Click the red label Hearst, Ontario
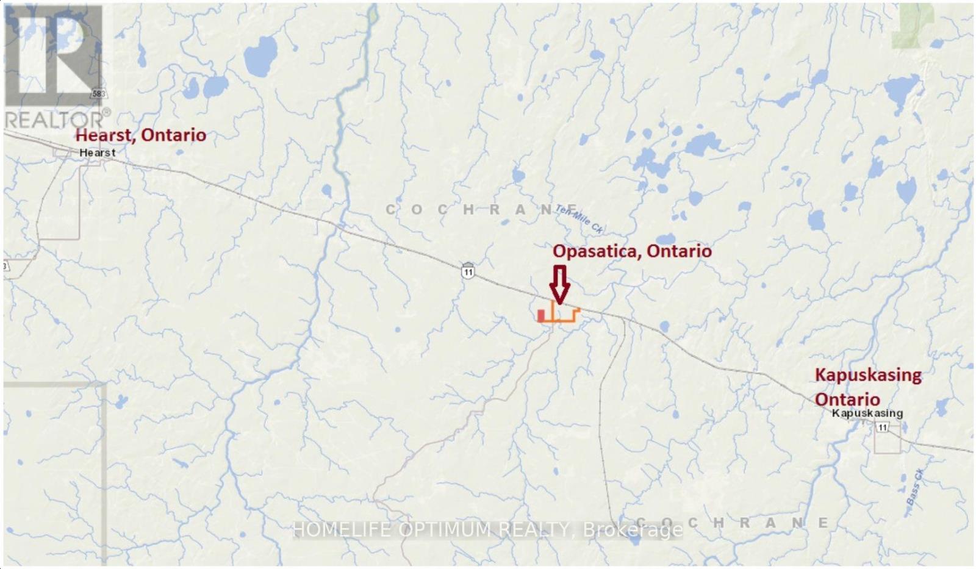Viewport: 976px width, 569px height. [140, 135]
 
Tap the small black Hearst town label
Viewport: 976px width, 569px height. [98, 152]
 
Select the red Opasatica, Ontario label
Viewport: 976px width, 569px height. [632, 251]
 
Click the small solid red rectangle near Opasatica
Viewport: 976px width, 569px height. [540, 315]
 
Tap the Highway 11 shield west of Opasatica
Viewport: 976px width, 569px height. [468, 272]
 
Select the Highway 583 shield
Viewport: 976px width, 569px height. [98, 94]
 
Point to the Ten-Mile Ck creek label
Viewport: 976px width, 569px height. [579, 219]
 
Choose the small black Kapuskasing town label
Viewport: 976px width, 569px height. [867, 413]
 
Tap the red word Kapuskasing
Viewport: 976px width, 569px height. [868, 374]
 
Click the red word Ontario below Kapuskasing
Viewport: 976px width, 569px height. [847, 399]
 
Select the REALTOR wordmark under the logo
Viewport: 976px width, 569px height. [55, 119]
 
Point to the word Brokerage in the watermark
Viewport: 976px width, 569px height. [633, 530]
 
